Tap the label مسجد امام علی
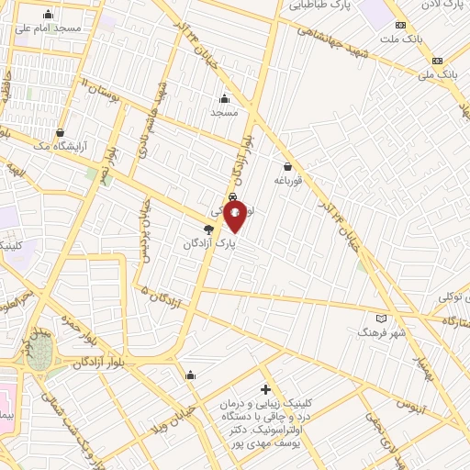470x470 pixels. [x=48, y=28]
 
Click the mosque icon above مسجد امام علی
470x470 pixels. [x=48, y=15]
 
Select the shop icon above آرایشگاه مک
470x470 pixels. [x=61, y=132]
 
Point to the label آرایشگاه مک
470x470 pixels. [x=58, y=145]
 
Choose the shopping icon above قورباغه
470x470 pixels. [x=288, y=167]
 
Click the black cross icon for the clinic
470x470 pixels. [x=266, y=389]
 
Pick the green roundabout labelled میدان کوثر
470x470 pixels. [x=40, y=356]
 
